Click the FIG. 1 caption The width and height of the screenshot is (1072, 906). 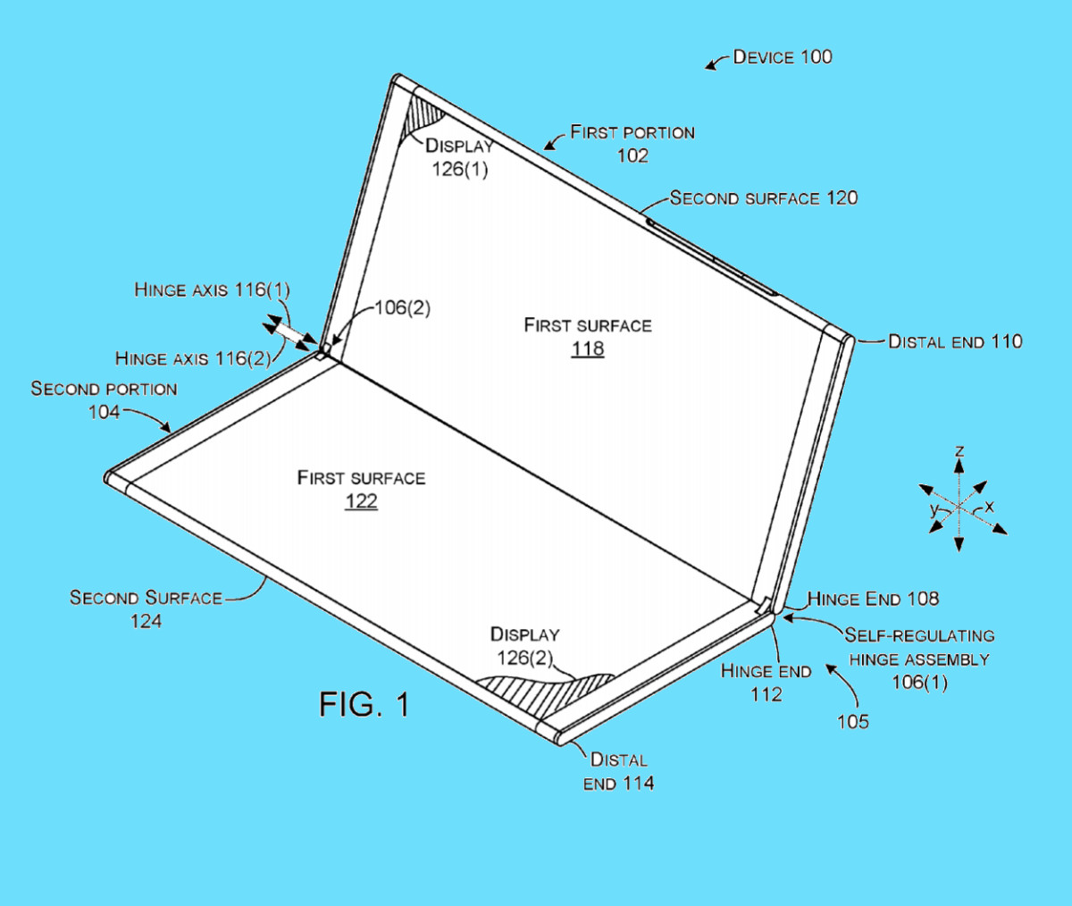coord(364,705)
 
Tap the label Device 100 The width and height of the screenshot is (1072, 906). coord(782,57)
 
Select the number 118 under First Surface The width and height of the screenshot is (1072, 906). coord(587,348)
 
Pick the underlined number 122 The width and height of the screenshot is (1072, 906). coord(361,500)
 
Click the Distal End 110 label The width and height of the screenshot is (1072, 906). coord(955,341)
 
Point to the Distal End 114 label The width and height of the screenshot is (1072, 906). coord(618,771)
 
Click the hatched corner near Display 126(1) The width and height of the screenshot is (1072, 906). coord(422,117)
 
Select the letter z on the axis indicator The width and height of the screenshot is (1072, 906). coord(959,451)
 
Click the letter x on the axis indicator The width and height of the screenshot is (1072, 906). coord(989,508)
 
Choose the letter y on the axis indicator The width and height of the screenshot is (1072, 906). coord(934,510)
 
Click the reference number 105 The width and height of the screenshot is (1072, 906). coord(852,721)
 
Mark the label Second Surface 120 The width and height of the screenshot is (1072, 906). coord(764,198)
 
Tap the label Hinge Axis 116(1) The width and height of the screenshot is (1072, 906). coord(212,289)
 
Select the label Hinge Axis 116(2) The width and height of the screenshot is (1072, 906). coord(192,358)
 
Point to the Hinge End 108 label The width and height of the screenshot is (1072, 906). coord(873,599)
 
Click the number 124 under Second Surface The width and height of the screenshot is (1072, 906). coord(146,620)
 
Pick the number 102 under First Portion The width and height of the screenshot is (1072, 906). coord(632,155)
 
